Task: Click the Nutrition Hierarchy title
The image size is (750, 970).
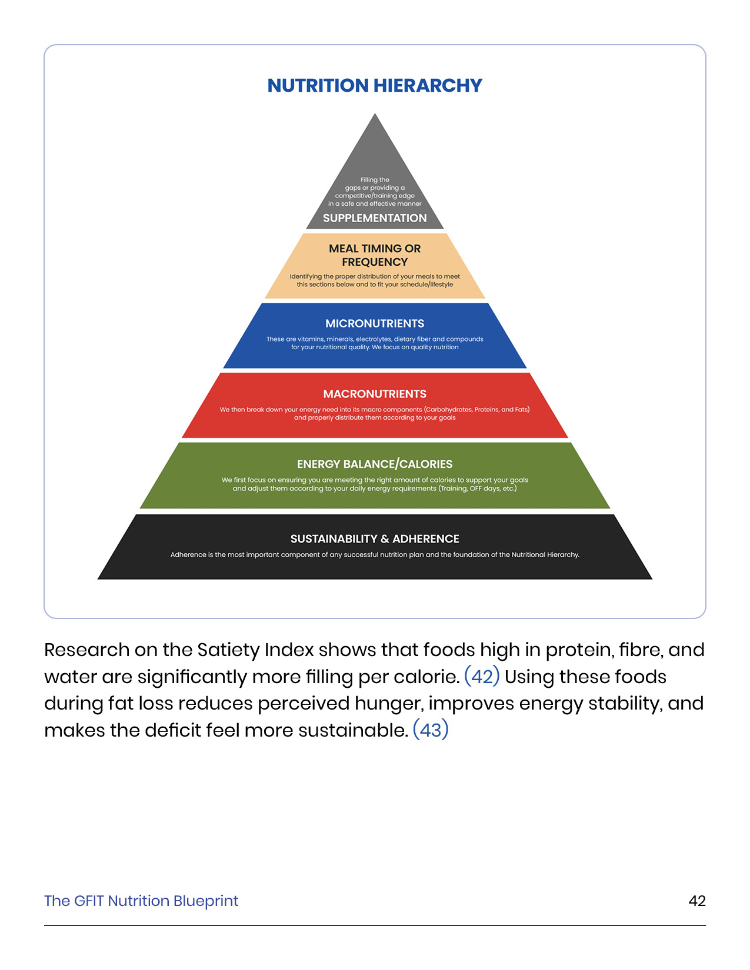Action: pyautogui.click(x=375, y=86)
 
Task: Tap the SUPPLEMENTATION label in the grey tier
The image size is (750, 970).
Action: pyautogui.click(x=375, y=218)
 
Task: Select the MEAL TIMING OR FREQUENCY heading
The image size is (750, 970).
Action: pyautogui.click(x=375, y=255)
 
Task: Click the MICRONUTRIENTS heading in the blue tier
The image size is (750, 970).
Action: pyautogui.click(x=375, y=323)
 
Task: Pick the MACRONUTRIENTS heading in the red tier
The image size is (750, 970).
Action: pyautogui.click(x=375, y=394)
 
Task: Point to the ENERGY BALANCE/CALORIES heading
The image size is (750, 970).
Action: pyautogui.click(x=375, y=464)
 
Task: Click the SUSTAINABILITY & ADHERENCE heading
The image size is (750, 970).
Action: pyautogui.click(x=375, y=538)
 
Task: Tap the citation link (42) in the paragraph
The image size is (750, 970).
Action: pyautogui.click(x=482, y=677)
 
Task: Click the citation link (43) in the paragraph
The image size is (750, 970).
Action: pyautogui.click(x=431, y=730)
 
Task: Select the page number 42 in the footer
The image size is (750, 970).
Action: pyautogui.click(x=696, y=901)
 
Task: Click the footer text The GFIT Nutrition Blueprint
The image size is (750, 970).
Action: pyautogui.click(x=141, y=901)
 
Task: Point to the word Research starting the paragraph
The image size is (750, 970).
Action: pyautogui.click(x=86, y=650)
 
